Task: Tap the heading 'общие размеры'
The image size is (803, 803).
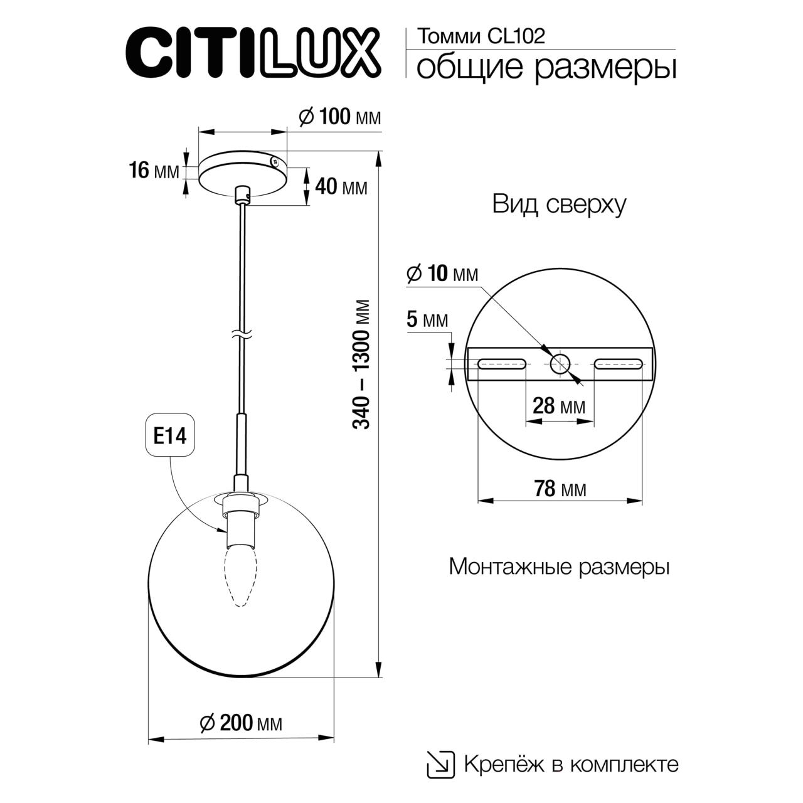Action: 546,68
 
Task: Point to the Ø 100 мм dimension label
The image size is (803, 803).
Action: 339,117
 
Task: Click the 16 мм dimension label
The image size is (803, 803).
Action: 153,170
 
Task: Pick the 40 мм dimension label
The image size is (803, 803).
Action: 341,186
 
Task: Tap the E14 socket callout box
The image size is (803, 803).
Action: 171,436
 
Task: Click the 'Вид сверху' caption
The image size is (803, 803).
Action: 559,205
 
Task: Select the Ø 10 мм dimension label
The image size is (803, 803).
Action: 442,274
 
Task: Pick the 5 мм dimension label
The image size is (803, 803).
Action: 427,321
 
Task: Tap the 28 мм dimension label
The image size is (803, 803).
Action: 558,406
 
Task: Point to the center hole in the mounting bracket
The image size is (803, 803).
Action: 559,363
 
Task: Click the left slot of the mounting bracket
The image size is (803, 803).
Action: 502,364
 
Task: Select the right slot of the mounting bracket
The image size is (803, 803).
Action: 619,364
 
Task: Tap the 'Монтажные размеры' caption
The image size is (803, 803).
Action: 559,567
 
